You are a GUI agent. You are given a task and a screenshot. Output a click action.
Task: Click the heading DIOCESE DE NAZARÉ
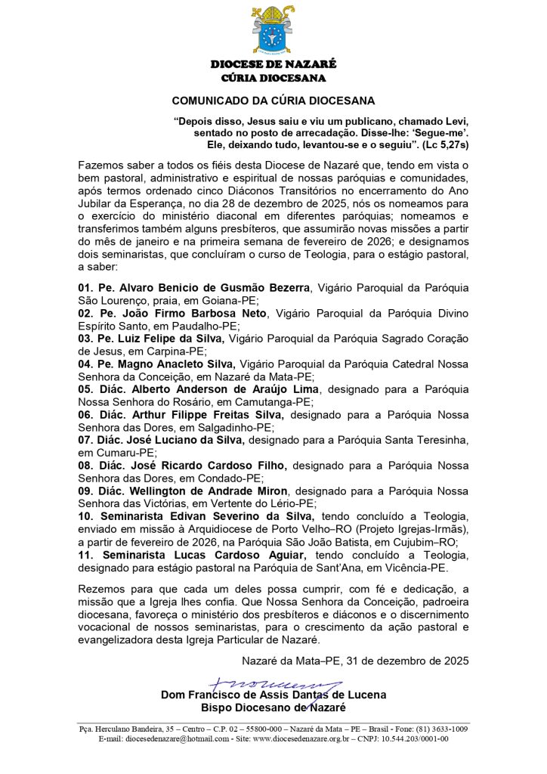click(273, 64)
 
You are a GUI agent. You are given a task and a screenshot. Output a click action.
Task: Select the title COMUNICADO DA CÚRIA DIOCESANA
click(273, 100)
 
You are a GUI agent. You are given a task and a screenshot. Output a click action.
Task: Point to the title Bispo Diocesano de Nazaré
click(273, 707)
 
